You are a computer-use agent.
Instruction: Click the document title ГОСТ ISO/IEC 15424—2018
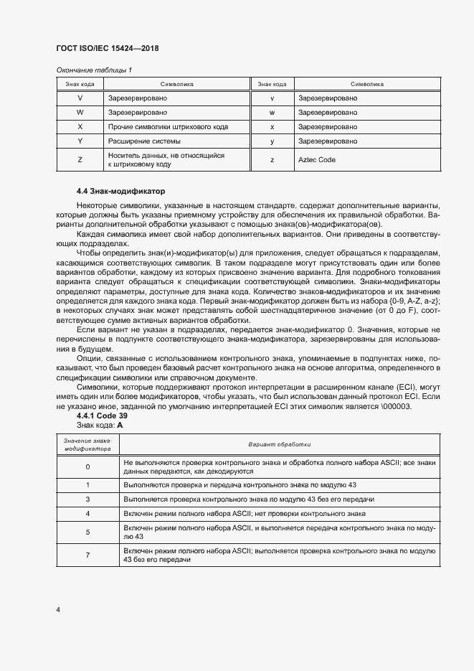pos(107,49)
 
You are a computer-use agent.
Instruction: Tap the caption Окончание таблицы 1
pos(94,70)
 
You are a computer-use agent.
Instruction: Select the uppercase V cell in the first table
pos(80,98)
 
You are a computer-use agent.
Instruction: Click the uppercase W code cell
pos(80,113)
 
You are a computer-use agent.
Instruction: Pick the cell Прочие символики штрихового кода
pos(168,127)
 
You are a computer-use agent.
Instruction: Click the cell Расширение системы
pos(144,141)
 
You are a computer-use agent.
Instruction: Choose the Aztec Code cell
pos(316,160)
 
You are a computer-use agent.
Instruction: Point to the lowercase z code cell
pos(272,160)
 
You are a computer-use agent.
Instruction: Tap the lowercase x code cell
pos(272,127)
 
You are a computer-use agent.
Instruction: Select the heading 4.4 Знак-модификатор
pos(120,192)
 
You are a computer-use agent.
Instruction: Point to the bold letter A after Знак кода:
pos(120,426)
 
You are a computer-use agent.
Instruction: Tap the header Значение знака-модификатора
pos(87,444)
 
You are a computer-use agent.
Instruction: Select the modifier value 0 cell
pos(87,467)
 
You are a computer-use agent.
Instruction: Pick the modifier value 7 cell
pos(87,555)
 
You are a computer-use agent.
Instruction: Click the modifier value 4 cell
pos(87,514)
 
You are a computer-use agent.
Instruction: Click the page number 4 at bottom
pos(57,610)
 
